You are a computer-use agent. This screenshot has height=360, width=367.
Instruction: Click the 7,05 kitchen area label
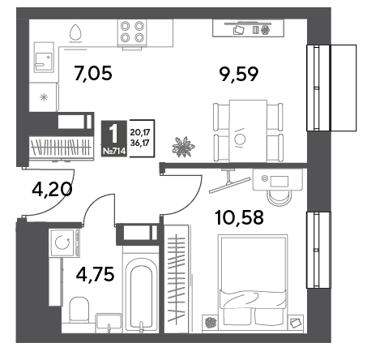tap(93, 73)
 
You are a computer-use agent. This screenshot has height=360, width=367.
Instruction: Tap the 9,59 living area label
tap(239, 75)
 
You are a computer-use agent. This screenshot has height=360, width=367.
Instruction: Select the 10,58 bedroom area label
tap(239, 217)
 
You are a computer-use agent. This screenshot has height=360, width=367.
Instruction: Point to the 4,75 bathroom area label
tap(95, 275)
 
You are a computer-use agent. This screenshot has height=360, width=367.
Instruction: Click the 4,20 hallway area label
tap(52, 189)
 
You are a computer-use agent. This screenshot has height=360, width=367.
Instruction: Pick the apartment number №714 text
tap(114, 151)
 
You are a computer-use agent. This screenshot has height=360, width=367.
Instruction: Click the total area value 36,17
tap(140, 143)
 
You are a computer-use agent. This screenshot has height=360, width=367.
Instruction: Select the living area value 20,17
tap(140, 132)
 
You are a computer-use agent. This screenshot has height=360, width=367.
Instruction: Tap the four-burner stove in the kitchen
tap(132, 32)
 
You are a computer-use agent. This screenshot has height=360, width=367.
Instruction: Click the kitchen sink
tap(44, 58)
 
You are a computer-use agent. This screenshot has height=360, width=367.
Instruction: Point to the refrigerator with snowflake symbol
tap(44, 97)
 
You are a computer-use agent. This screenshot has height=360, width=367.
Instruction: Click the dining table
tap(248, 131)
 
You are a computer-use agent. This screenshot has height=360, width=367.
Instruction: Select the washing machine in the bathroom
tap(64, 242)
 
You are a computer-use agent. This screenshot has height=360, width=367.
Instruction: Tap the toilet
tap(79, 310)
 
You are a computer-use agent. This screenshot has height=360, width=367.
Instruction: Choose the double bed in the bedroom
tap(253, 280)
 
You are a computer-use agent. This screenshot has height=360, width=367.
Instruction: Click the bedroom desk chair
tap(280, 198)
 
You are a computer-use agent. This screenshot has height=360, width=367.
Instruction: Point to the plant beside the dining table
tap(183, 147)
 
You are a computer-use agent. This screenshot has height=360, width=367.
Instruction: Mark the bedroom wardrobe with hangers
tap(177, 278)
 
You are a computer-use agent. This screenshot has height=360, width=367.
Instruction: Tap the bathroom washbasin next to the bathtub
tap(109, 323)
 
